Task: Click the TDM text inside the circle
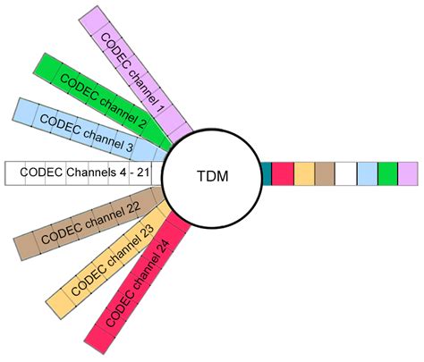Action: click(x=212, y=175)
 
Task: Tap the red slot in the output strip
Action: click(x=282, y=173)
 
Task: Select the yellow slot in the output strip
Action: click(x=304, y=173)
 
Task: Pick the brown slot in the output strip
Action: click(x=325, y=173)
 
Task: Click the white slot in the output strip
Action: click(x=346, y=173)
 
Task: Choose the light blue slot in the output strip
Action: click(x=367, y=173)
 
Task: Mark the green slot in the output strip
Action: click(x=387, y=173)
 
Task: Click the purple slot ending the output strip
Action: click(x=408, y=173)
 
